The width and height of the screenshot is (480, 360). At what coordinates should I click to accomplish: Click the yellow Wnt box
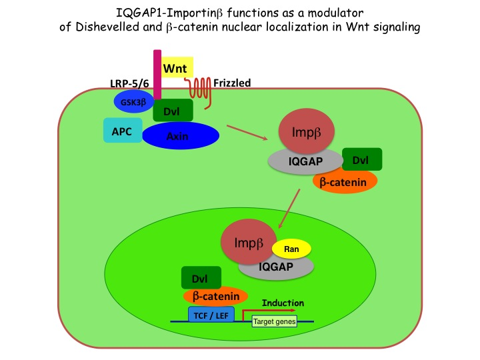click(x=177, y=67)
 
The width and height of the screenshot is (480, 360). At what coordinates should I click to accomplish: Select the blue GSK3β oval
click(x=134, y=101)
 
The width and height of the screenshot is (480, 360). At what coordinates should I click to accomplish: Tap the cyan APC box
click(x=123, y=131)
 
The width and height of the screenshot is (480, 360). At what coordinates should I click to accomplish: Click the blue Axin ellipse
click(x=181, y=135)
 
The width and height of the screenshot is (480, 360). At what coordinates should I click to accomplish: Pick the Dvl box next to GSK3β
click(x=173, y=110)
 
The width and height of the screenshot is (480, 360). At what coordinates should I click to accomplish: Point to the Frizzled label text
click(x=232, y=83)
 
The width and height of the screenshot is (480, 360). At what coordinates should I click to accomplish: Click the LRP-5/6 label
click(x=129, y=83)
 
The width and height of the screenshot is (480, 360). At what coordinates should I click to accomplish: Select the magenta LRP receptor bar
click(x=157, y=75)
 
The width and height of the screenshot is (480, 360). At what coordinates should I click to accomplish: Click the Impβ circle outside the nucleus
click(x=307, y=131)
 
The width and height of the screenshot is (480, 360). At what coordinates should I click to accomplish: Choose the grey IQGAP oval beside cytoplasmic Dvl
click(x=305, y=161)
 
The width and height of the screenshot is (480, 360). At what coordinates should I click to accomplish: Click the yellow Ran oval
click(x=291, y=249)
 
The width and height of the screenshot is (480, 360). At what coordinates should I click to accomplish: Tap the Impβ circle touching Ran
click(x=249, y=242)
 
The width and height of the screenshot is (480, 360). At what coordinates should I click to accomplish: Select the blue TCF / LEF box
click(x=211, y=315)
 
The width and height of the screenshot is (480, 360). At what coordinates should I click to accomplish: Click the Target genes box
click(x=274, y=321)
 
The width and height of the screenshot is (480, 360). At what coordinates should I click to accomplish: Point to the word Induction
click(x=283, y=303)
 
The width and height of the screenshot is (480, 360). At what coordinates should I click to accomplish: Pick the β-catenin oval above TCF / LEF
click(x=215, y=296)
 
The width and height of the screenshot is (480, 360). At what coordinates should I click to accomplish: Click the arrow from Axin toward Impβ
click(x=247, y=133)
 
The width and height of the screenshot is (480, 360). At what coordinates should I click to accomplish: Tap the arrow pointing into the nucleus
click(x=289, y=209)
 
